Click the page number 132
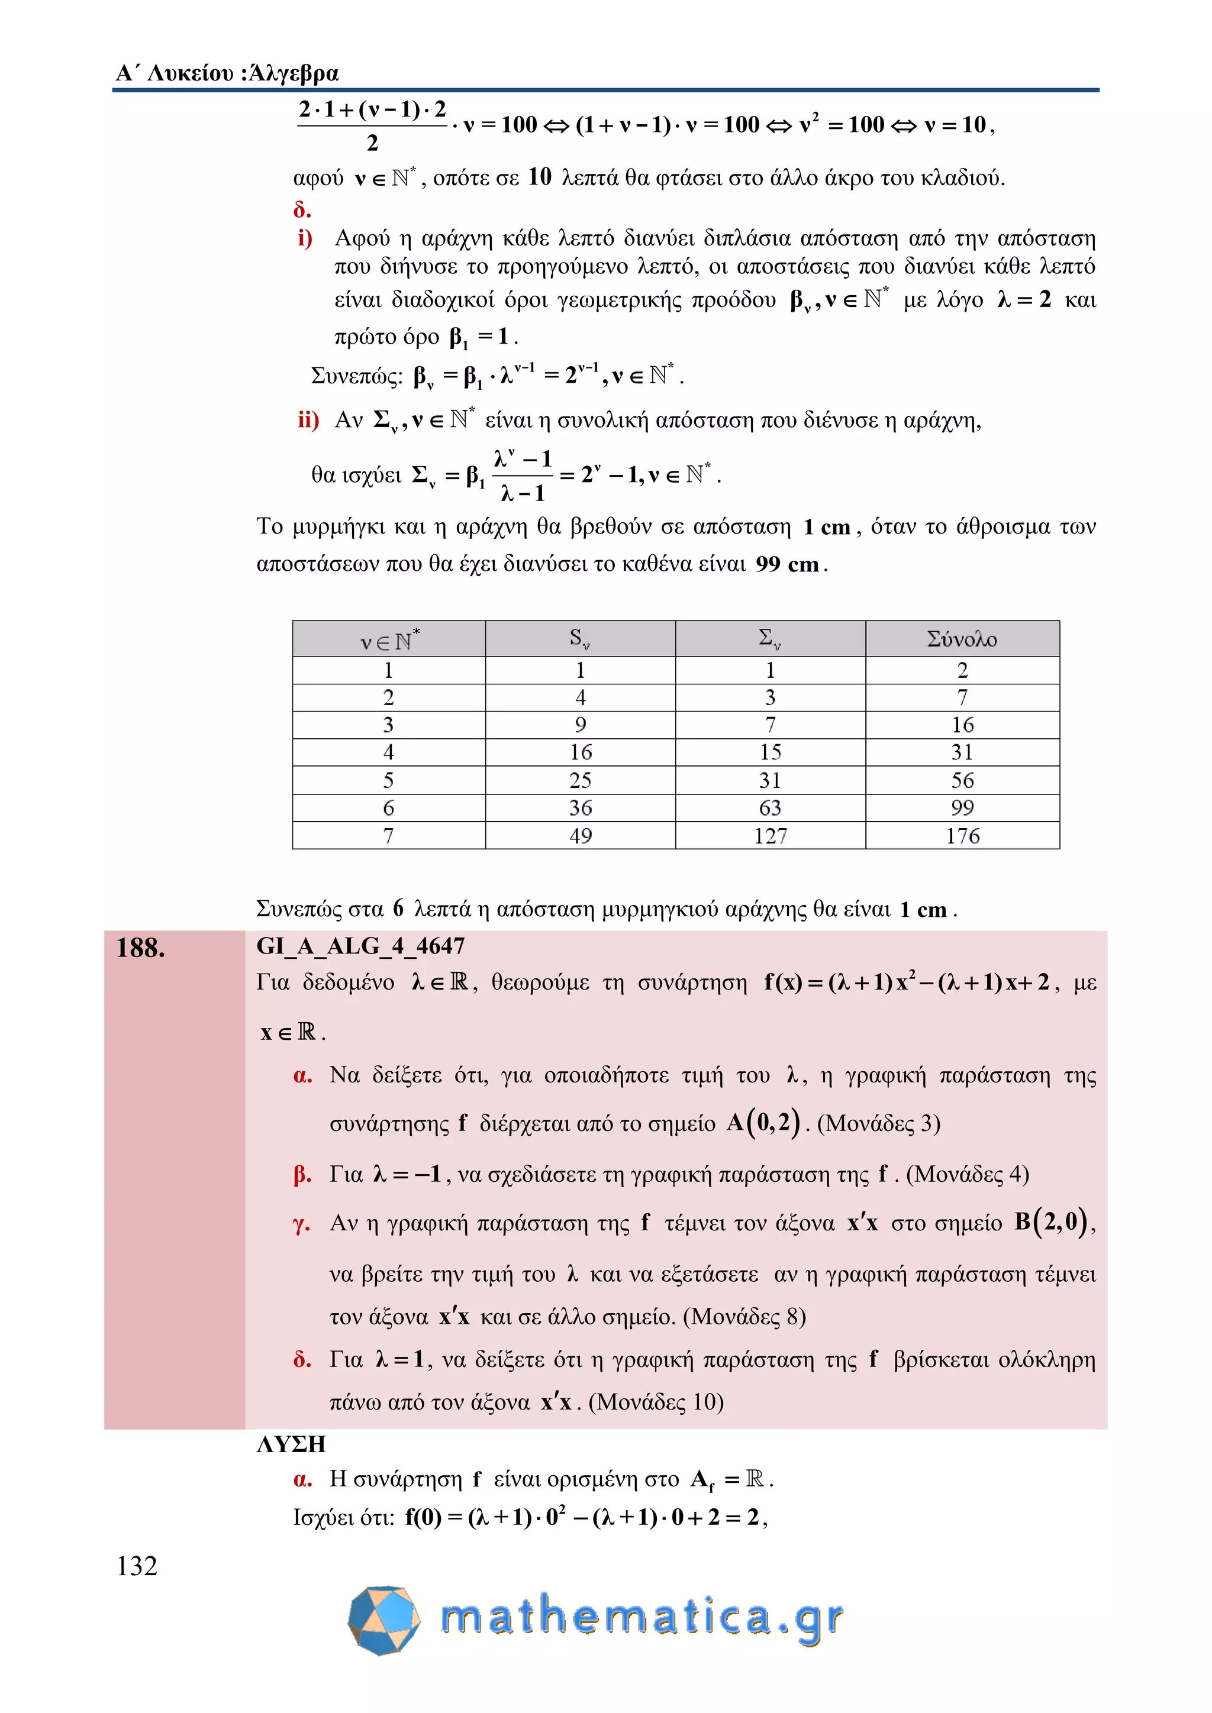click(137, 1565)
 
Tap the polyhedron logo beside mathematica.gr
click(384, 1620)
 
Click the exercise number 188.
click(141, 948)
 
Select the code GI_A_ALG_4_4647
click(360, 946)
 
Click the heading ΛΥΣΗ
click(291, 1444)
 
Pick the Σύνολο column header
click(962, 639)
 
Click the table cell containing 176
click(962, 836)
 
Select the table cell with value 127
click(770, 836)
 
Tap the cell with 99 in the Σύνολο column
click(962, 808)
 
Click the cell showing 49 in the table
click(581, 836)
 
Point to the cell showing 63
click(770, 808)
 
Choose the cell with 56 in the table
click(962, 780)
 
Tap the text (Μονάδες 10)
click(656, 1402)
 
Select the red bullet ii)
click(308, 420)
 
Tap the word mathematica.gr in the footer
click(642, 1618)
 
